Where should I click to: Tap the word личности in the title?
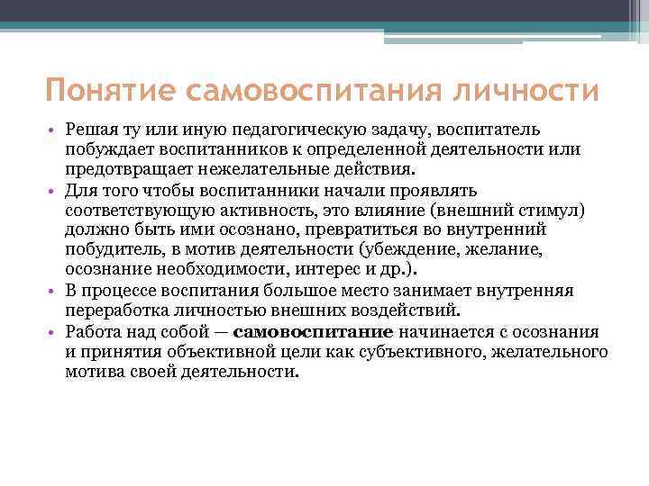(x=523, y=92)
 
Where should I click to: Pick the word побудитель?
(x=105, y=249)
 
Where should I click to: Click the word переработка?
(x=112, y=310)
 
